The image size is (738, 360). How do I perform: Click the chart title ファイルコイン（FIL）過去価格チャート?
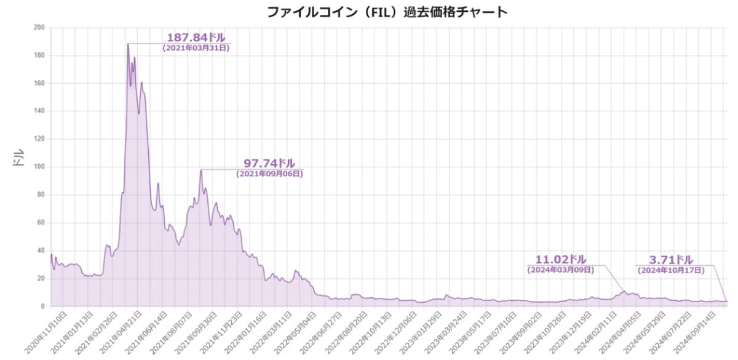[387, 12]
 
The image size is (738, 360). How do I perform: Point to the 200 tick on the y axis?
[39, 28]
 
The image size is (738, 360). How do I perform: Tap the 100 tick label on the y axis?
[39, 167]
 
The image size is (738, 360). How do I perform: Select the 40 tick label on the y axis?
[41, 250]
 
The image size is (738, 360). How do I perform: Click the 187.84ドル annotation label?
[196, 38]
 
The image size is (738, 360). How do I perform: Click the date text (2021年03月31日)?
[196, 48]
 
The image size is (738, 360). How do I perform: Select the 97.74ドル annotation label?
[269, 163]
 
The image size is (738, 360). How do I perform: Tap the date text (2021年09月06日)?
[269, 174]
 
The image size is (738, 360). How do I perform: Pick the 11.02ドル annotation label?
[561, 259]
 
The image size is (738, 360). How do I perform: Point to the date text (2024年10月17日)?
[670, 270]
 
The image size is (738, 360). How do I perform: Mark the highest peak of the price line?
[128, 44]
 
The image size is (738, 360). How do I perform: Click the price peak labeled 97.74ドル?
[200, 170]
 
